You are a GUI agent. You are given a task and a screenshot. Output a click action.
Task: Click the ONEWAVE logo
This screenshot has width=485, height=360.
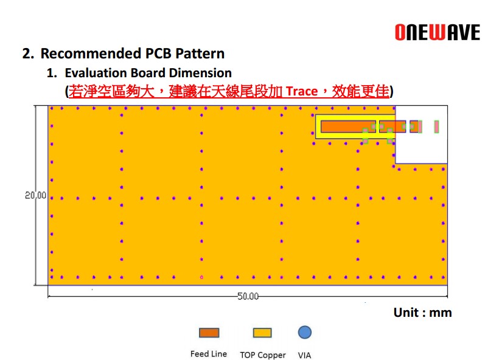tap(438, 32)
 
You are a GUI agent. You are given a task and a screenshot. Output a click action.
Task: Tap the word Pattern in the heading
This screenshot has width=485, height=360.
tap(200, 54)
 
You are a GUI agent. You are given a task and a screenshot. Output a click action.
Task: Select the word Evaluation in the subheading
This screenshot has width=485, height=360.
tap(96, 73)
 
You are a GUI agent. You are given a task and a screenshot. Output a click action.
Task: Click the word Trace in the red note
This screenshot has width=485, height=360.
tap(302, 91)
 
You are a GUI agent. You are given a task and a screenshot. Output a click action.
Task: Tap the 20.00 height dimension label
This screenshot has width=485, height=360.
tap(35, 195)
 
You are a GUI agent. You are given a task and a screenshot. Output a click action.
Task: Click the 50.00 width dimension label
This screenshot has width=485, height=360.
tap(248, 296)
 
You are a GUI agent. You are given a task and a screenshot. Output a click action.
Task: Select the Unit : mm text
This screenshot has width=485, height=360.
tap(422, 313)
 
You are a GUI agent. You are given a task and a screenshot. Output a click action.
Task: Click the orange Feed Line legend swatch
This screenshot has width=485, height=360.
tap(209, 333)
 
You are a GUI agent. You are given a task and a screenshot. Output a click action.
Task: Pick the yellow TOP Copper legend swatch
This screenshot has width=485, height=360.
tap(262, 333)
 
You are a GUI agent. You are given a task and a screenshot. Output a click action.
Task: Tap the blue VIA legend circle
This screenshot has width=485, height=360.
tap(305, 333)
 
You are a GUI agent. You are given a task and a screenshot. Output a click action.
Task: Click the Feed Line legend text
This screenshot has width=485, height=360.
tap(209, 354)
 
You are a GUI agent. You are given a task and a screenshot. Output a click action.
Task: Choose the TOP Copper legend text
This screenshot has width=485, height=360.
tap(263, 355)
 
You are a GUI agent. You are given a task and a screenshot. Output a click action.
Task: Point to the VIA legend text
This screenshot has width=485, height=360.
tap(305, 355)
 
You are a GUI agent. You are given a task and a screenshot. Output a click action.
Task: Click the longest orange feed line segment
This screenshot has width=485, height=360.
tap(348, 126)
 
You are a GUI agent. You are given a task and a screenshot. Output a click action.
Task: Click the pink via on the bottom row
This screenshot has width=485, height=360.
tap(201, 277)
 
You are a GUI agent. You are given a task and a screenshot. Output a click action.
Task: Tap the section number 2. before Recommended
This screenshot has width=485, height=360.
tap(28, 54)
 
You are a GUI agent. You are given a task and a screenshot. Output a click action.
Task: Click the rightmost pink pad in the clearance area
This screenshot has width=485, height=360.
tap(436, 126)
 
